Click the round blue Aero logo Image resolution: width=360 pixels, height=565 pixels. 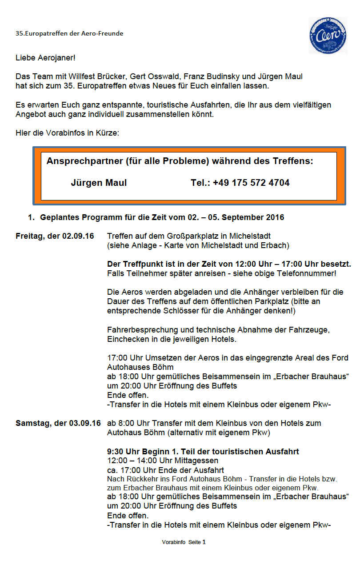click(x=328, y=36)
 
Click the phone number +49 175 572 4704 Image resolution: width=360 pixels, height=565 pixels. click(x=251, y=183)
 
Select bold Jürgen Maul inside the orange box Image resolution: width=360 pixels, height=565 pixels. click(x=99, y=183)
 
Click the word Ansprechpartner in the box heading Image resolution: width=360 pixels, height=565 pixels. click(x=83, y=161)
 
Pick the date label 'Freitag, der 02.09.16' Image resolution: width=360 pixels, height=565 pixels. click(x=55, y=236)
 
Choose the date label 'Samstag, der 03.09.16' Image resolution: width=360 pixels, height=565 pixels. click(x=58, y=423)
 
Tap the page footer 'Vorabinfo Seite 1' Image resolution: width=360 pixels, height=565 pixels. click(x=184, y=542)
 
